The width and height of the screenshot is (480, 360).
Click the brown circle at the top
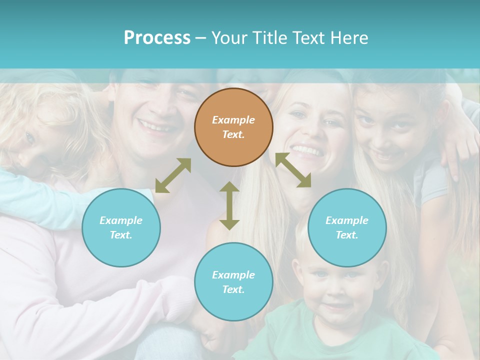tap(233, 127)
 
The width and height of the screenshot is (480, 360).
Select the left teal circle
tap(121, 227)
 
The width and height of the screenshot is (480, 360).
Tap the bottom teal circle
tap(233, 282)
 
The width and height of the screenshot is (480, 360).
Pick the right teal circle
tap(347, 227)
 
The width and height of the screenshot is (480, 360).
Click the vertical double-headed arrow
tap(229, 205)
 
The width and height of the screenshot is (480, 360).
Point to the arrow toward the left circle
tap(173, 175)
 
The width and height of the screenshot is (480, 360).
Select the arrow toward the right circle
tap(293, 170)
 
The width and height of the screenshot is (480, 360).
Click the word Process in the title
tap(157, 38)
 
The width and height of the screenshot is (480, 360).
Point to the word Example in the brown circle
tap(233, 120)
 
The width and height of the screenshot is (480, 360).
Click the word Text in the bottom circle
tap(232, 289)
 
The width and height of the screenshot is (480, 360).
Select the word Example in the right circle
tap(347, 220)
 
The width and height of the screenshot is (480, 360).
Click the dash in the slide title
tap(201, 38)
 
